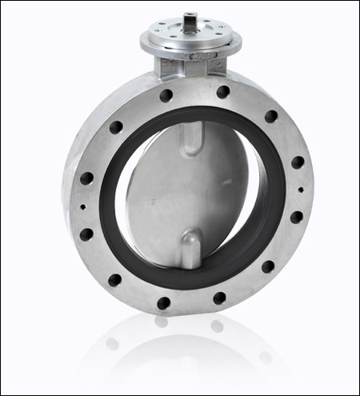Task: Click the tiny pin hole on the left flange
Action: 84,206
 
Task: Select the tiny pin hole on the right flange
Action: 301,190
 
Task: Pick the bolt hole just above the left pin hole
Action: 86,178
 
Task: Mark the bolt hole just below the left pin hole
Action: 86,234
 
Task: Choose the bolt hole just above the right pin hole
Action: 298,162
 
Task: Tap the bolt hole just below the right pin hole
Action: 296,217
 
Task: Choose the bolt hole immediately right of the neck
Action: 223,92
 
